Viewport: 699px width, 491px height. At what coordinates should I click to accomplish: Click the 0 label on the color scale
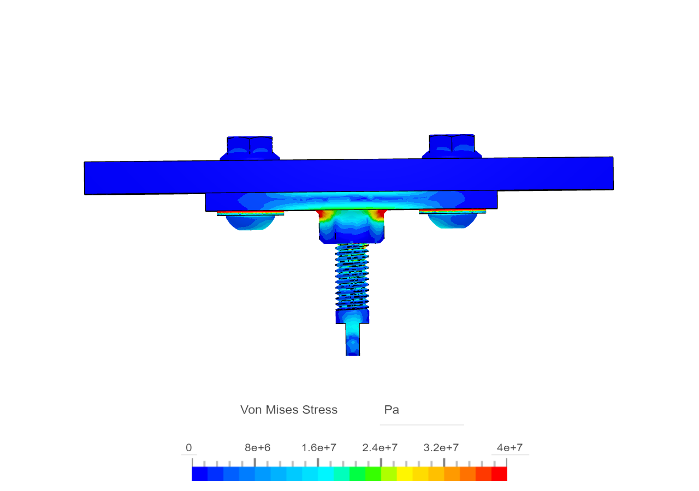188,448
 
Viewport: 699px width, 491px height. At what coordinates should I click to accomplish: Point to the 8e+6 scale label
257,448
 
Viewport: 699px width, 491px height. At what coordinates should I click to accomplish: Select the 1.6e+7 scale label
319,448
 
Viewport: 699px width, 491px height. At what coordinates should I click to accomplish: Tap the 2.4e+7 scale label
380,448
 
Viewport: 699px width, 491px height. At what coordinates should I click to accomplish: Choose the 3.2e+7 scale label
441,448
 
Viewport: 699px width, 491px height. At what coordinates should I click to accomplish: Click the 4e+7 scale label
510,448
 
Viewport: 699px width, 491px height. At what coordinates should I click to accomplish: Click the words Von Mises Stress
289,410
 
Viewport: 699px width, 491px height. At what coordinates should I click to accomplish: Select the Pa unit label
392,410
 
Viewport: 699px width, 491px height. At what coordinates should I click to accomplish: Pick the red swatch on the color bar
499,474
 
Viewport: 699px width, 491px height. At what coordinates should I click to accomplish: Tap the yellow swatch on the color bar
405,474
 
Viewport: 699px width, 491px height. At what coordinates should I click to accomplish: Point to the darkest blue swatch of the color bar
199,474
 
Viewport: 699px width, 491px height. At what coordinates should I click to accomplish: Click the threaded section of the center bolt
352,276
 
